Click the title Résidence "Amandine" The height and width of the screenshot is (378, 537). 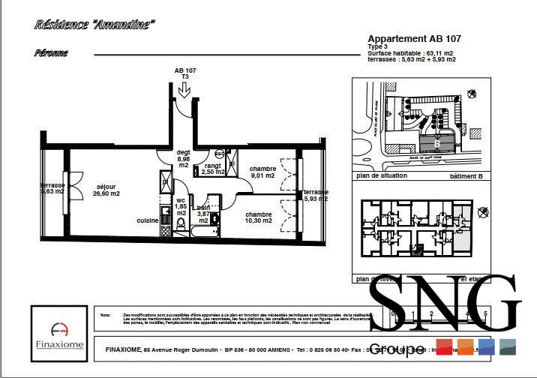[x=94, y=25]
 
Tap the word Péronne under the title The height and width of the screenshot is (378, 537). [x=51, y=53]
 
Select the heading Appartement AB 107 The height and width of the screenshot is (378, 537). [x=414, y=38]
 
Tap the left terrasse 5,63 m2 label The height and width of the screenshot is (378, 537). [x=52, y=188]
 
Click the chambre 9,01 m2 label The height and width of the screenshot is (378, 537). [x=263, y=172]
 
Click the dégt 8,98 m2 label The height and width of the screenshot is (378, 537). [x=183, y=158]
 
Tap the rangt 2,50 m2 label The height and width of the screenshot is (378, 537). [x=213, y=169]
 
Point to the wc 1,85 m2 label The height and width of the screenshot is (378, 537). [x=181, y=207]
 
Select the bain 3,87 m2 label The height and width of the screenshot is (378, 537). [x=203, y=214]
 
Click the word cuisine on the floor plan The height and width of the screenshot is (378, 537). [x=147, y=220]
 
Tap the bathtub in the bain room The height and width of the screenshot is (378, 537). [x=203, y=232]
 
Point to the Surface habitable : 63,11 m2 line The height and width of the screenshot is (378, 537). [x=410, y=53]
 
